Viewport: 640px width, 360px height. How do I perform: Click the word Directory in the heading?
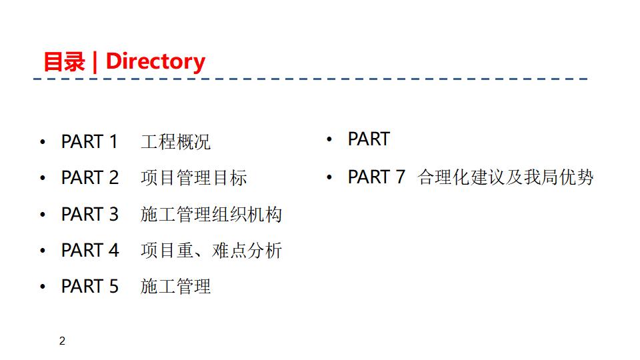click(155, 61)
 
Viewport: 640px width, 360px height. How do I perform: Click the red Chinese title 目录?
click(64, 62)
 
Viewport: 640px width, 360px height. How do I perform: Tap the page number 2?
click(63, 342)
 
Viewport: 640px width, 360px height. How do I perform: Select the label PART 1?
click(89, 142)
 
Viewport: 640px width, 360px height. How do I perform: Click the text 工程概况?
click(176, 142)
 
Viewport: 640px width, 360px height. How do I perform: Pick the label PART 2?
click(89, 178)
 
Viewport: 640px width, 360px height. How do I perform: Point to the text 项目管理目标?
click(194, 178)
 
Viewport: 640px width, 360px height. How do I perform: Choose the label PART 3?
click(89, 214)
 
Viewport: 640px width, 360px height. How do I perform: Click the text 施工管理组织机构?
click(211, 214)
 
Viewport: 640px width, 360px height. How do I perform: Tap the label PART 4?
click(89, 250)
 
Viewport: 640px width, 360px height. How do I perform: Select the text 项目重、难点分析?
click(211, 251)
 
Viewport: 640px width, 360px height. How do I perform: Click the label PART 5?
click(89, 286)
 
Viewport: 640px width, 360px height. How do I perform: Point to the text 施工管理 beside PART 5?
click(176, 287)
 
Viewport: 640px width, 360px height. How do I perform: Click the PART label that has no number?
click(369, 139)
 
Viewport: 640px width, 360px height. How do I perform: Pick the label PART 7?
click(376, 177)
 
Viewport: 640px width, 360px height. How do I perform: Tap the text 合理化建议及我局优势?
click(505, 177)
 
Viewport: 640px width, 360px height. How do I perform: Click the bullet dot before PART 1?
click(43, 143)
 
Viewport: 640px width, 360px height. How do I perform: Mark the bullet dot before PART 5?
click(43, 287)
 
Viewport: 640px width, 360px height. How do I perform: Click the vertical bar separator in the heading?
click(95, 62)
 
